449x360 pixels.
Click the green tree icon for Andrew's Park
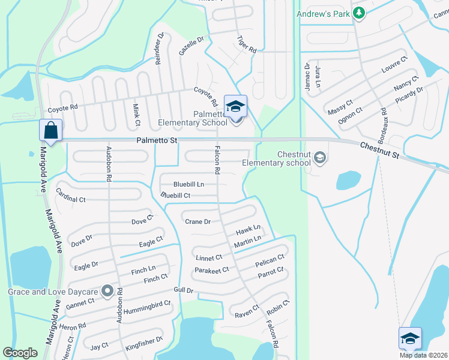point(359,13)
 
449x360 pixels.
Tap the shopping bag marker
point(50,130)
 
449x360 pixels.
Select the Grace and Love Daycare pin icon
point(108,292)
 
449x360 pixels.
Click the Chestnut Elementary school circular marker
point(320,158)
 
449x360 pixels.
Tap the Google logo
point(20,352)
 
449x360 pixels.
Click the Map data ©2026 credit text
point(423,355)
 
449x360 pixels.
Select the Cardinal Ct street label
point(71,195)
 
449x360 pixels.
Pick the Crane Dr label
point(197,221)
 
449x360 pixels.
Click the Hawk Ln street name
point(248,229)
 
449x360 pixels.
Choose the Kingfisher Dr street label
point(144,344)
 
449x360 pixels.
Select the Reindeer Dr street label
point(160,48)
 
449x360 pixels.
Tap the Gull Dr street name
point(182,290)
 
